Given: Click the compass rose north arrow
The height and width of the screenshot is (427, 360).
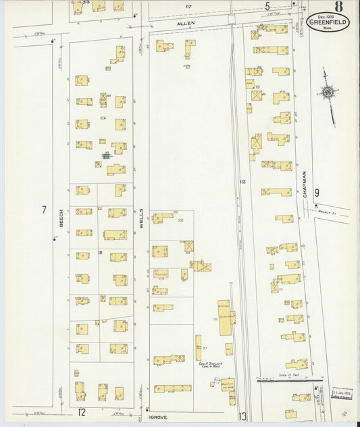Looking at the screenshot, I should [x=328, y=92].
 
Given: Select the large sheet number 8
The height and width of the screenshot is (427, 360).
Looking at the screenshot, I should [x=337, y=7].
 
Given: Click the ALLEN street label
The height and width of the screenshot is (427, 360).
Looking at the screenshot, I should [x=186, y=23].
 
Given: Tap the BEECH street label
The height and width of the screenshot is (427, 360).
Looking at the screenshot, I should [x=61, y=219].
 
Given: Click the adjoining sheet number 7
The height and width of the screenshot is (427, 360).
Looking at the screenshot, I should [x=44, y=209].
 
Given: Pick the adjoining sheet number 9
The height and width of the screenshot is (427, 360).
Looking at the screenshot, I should [x=316, y=193].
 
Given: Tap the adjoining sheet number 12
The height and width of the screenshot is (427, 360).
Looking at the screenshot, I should [x=82, y=411].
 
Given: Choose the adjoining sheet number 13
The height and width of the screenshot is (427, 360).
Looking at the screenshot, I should [x=242, y=416].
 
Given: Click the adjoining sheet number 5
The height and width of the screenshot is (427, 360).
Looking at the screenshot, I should [x=267, y=7].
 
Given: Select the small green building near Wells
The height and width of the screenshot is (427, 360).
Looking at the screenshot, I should [x=106, y=155].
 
